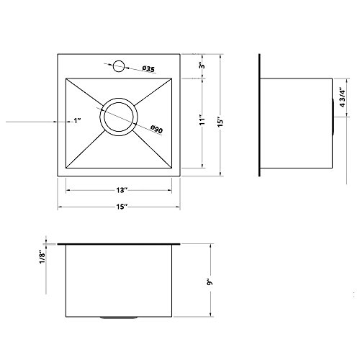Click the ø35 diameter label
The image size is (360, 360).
click(148, 69)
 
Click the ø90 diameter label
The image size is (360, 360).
click(157, 130)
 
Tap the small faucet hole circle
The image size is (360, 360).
click(119, 66)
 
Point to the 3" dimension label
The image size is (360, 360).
click(202, 66)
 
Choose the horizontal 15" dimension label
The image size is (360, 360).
click(122, 207)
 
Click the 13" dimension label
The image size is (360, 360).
click(122, 190)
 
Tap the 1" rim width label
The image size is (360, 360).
click(77, 120)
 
